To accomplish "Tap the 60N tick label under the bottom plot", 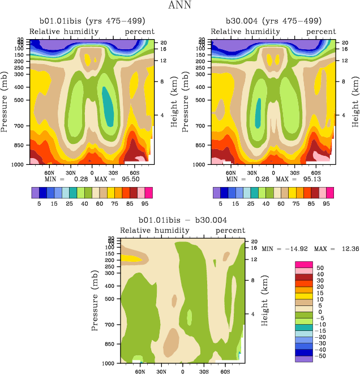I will (140, 371).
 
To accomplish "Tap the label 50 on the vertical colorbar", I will (320, 268).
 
